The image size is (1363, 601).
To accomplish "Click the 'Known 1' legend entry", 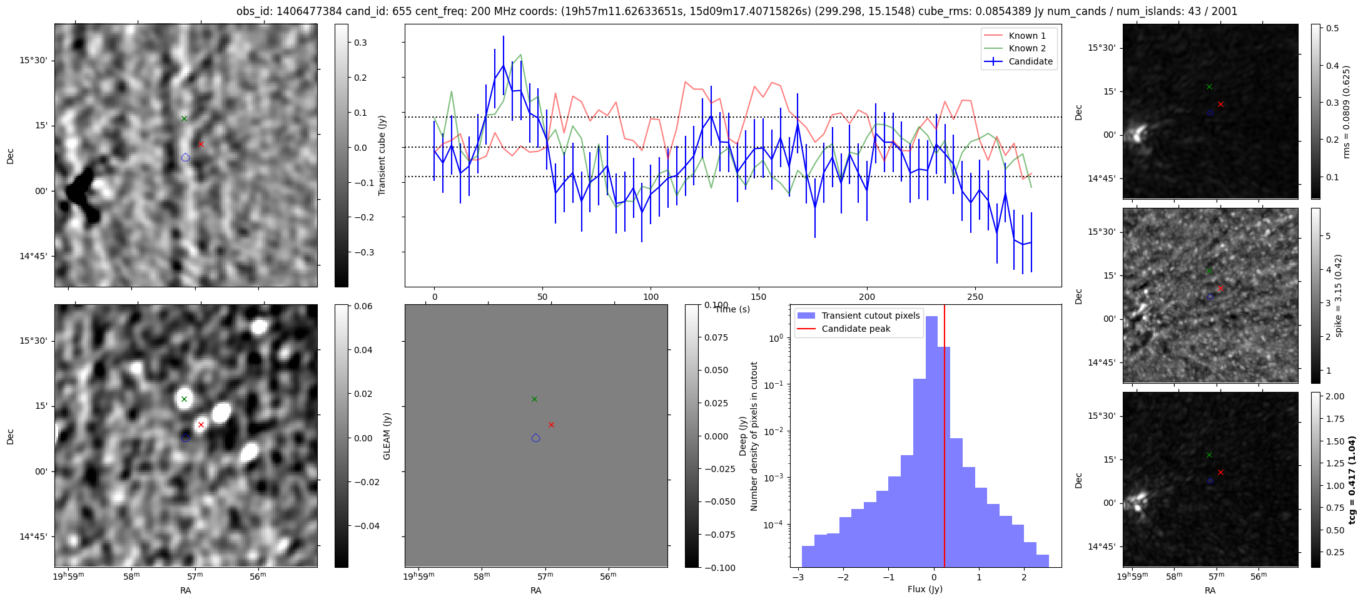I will pos(1027,36).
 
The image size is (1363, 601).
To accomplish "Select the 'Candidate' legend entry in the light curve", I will pos(1030,61).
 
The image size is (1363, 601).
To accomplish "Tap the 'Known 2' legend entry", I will pos(1027,48).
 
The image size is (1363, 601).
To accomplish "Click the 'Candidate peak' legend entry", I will pos(856,329).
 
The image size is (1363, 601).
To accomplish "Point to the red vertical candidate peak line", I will pos(945,438).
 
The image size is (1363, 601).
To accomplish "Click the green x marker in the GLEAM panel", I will pos(184,399).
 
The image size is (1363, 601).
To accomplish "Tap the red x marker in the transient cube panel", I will pos(201,144).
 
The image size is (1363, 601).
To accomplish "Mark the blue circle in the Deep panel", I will pos(535,438).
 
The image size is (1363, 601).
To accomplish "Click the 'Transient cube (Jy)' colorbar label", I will pos(382,155).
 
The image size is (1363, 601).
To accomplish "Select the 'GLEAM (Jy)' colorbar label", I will pos(387,436).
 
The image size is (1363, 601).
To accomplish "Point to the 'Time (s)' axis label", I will pos(732,309).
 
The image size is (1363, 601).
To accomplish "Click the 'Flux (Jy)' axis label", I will pos(925,589).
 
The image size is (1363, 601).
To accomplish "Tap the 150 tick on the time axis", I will pos(759,297).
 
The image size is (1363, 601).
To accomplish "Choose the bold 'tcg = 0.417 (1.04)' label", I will pos(1351,480).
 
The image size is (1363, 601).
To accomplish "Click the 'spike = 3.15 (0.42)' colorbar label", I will pos(1339,295).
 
